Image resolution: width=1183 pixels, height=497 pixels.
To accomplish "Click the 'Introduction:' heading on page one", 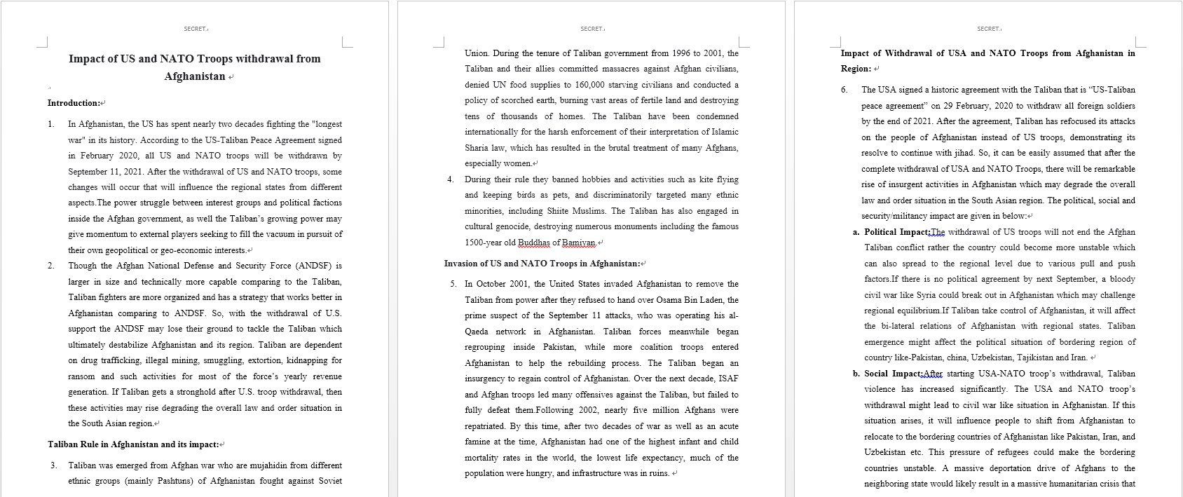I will (74, 103).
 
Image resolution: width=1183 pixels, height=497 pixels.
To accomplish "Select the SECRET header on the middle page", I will (591, 29).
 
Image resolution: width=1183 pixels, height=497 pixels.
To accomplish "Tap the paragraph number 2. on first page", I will (51, 266).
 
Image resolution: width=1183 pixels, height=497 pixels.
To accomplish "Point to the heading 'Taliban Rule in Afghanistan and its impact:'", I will (132, 444).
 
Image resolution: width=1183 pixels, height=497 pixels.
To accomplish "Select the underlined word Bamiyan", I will (579, 243).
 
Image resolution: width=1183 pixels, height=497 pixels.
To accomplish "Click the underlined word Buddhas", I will (534, 243).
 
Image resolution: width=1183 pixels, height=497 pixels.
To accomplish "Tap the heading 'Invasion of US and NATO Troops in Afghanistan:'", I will (542, 264).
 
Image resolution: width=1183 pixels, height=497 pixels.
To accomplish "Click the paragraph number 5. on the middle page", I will (453, 284).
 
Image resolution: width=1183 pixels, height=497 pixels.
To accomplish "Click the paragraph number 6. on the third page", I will (844, 90).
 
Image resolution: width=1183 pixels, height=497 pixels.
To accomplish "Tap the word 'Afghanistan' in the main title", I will (194, 76).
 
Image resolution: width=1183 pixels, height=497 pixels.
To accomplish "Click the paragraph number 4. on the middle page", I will (451, 179).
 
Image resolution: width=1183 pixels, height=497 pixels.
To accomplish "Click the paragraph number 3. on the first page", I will (53, 465).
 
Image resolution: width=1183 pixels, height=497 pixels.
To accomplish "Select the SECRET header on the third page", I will (988, 29).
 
